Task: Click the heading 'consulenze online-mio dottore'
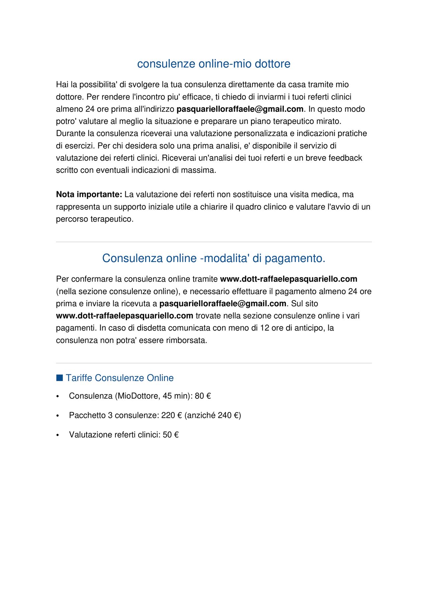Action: (214, 64)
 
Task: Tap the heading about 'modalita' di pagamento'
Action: (214, 258)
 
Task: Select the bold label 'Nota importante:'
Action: (89, 195)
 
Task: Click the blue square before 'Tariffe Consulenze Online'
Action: (60, 378)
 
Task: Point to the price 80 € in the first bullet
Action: (203, 396)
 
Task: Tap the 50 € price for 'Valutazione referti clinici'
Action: (171, 435)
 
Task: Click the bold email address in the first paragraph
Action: (240, 109)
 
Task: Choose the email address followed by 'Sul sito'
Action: (223, 304)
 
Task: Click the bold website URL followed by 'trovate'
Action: (124, 316)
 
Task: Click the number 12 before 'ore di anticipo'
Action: (264, 328)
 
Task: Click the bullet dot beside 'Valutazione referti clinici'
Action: (58, 435)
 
